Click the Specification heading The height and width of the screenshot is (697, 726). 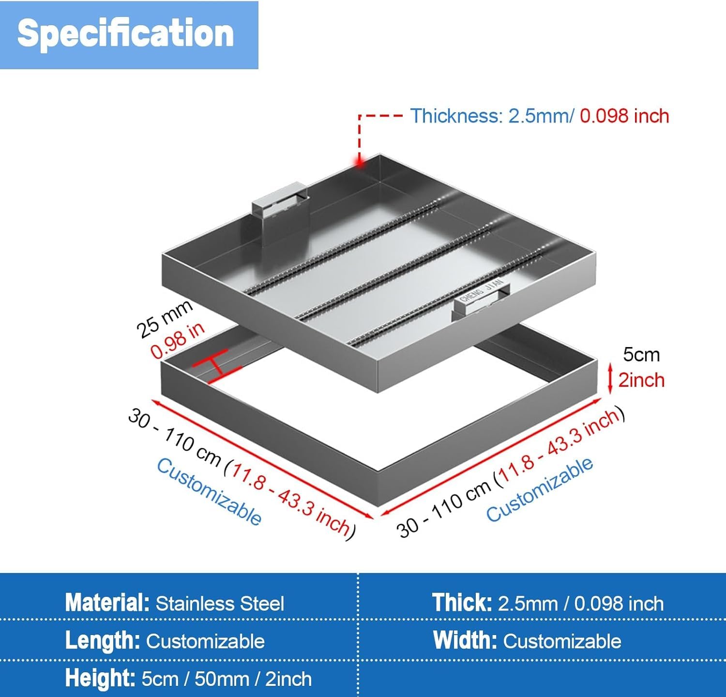point(125,33)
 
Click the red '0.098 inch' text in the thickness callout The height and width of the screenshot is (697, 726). point(624,116)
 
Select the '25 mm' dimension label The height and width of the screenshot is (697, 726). point(164,319)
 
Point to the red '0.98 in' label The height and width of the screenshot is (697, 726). point(178,341)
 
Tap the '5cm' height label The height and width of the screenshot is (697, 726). point(641,355)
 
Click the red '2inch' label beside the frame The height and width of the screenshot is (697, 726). point(641,380)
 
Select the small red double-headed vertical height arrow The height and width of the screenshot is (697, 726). point(610,379)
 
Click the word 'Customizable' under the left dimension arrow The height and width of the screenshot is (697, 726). point(209,492)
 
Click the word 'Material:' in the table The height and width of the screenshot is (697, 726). point(107,603)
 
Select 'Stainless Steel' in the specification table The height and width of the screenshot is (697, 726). point(220,604)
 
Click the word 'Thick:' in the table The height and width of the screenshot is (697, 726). point(462,603)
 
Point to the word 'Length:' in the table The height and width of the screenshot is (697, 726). point(103,641)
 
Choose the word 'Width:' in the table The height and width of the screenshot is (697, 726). point(465,640)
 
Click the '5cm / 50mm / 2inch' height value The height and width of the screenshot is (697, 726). point(227,679)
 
